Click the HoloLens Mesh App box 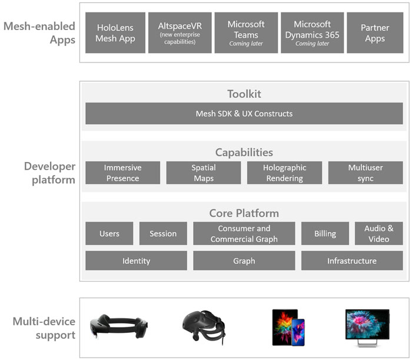115,33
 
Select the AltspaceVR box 180,33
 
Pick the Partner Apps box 374,33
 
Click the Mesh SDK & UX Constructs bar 244,113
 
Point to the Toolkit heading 244,94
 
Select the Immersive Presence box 122,173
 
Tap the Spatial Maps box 203,173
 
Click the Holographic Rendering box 284,173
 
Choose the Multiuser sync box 365,173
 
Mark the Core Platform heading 244,213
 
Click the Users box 109,233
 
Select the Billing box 325,233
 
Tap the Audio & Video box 378,233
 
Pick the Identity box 136,260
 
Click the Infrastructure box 352,260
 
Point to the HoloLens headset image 118,326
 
